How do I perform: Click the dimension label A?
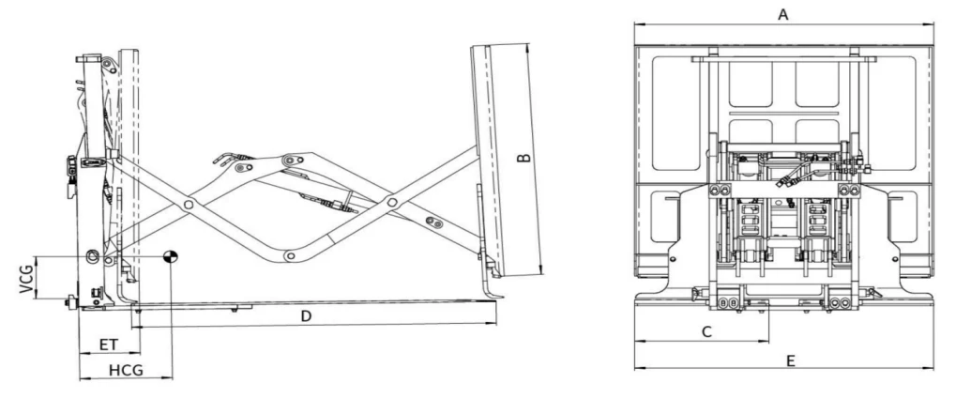782,14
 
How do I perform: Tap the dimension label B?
524,158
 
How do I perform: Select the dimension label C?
706,331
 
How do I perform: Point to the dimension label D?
307,315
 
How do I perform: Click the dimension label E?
791,360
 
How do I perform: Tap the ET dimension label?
109,345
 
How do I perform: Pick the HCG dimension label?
126,370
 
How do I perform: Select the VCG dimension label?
26,279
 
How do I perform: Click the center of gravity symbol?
170,256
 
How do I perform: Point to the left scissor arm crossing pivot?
189,205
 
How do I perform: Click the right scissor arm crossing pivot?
393,202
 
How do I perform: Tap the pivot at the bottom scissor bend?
290,255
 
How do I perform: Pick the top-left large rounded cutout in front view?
676,114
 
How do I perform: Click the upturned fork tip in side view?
500,297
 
